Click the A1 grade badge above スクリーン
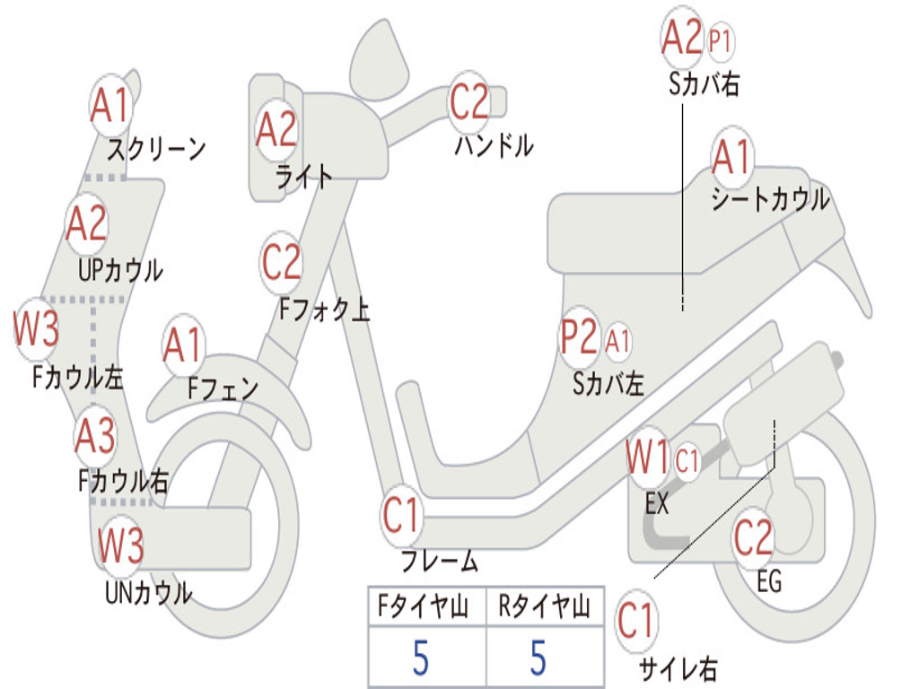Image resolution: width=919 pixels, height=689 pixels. pos(110,106)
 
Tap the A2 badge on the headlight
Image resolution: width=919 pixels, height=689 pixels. pos(276,129)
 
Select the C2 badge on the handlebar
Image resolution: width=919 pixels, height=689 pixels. pos(468,101)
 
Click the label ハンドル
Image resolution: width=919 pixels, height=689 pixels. pos(495,145)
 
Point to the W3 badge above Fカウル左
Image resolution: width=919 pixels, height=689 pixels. pos(36,328)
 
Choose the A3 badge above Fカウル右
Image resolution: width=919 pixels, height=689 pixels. pos(95,435)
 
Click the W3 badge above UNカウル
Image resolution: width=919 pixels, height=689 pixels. pos(120,545)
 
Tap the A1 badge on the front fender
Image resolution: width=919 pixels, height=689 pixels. pos(183,345)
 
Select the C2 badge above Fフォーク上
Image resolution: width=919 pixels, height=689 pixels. pos(281,263)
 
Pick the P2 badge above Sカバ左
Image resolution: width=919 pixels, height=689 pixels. pos(579,337)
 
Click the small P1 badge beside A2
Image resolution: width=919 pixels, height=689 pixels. pos(721,41)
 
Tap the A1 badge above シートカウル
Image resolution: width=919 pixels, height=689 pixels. pos(732,156)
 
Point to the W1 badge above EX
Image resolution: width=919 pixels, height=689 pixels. pos(647,457)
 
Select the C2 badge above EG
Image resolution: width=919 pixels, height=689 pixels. pos(754,537)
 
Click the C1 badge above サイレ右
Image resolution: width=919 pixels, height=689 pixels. pos(636,621)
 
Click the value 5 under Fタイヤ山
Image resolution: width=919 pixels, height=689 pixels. pos(421,658)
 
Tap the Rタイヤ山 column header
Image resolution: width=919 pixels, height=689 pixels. pos(545,606)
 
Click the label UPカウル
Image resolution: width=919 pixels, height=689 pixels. pos(121,270)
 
